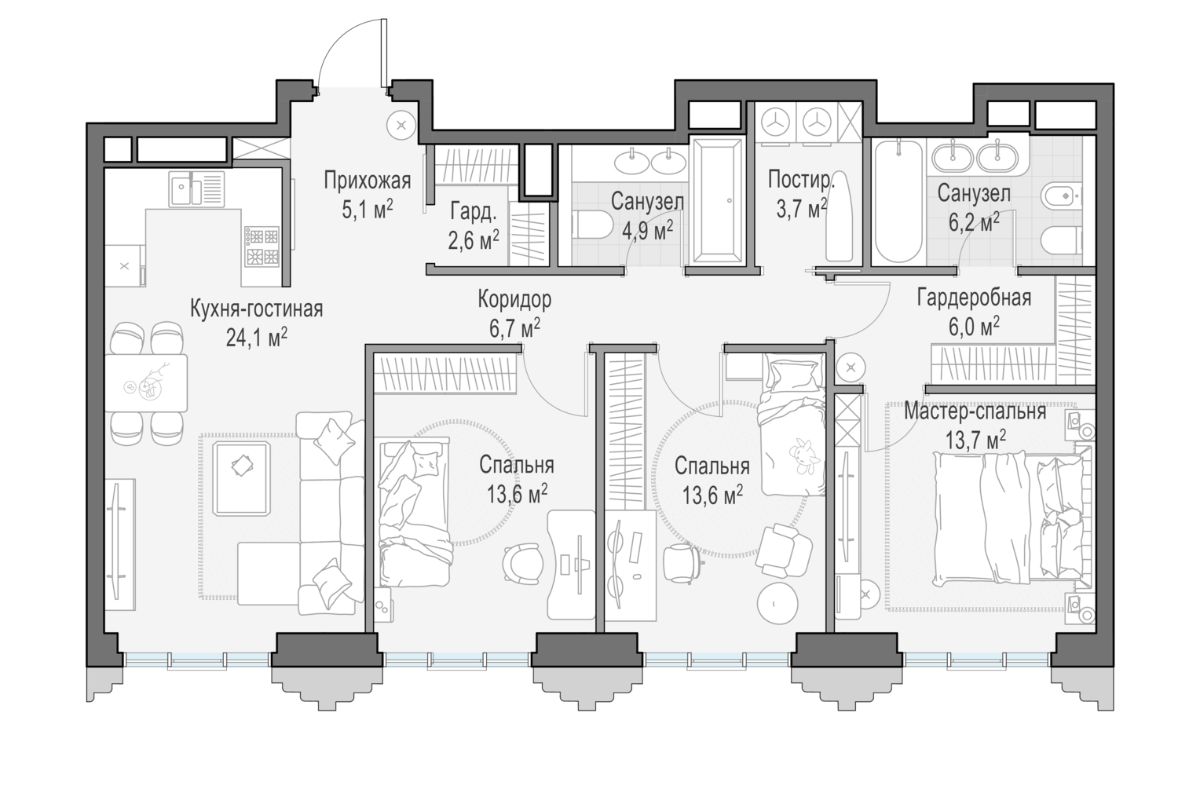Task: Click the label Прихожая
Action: [x=367, y=181]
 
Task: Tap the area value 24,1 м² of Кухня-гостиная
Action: [x=257, y=338]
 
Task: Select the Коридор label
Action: [x=515, y=299]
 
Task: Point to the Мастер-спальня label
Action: [x=975, y=411]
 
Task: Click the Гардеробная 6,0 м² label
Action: [x=974, y=312]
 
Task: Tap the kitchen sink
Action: [x=196, y=188]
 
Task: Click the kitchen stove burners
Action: [x=262, y=246]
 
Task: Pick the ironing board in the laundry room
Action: [x=840, y=216]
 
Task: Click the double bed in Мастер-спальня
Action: [x=1012, y=518]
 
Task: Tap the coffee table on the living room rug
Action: [x=242, y=478]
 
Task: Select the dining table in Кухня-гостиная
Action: [x=146, y=382]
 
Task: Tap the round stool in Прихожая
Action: [x=401, y=125]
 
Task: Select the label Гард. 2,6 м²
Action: [x=474, y=227]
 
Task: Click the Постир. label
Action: [x=801, y=180]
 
